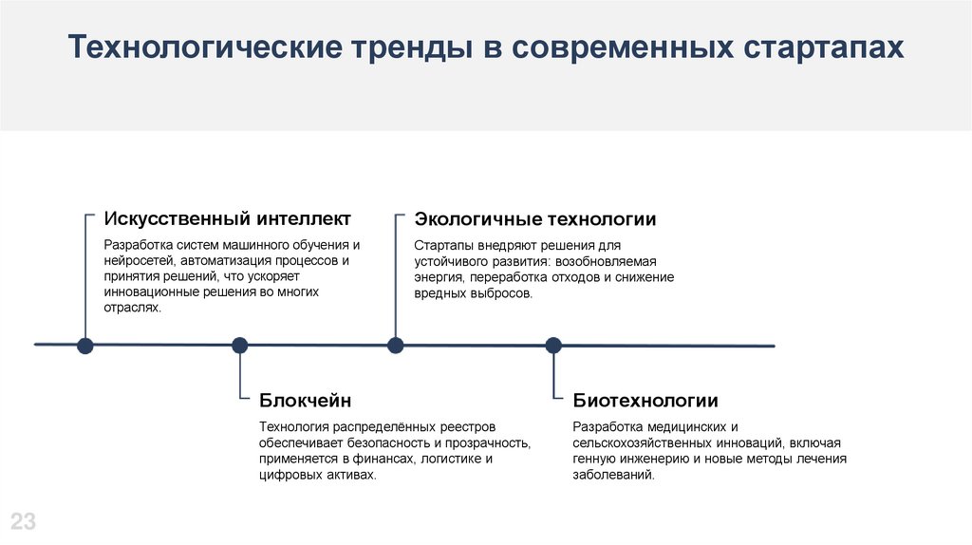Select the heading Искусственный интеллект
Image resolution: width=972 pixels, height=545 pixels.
(x=227, y=219)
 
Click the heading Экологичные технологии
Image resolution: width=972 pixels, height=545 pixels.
(x=534, y=219)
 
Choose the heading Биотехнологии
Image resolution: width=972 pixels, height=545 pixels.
(x=645, y=401)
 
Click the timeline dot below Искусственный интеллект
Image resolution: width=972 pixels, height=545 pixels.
(x=85, y=346)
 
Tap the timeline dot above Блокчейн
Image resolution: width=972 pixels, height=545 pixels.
(x=240, y=346)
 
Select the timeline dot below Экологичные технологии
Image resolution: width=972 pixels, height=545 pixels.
(x=396, y=346)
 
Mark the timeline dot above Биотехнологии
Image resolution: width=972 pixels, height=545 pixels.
(x=553, y=346)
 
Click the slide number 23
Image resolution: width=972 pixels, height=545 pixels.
(x=23, y=520)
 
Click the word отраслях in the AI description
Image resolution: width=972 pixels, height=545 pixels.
(x=132, y=308)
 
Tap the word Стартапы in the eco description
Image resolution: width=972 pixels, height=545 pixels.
(x=442, y=244)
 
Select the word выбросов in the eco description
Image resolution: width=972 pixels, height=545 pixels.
(x=497, y=293)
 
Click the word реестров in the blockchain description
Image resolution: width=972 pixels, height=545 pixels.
(x=465, y=427)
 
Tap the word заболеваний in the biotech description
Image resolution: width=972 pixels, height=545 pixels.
(x=613, y=475)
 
